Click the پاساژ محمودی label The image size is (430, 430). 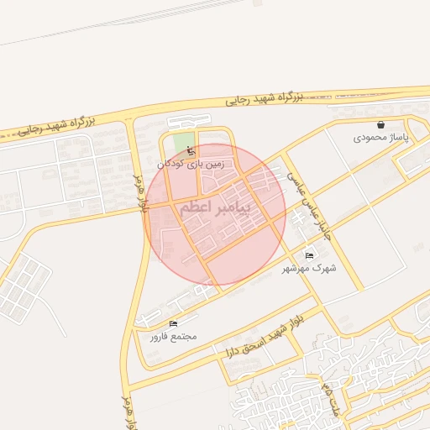(x=380, y=136)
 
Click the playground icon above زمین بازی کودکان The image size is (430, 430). (x=190, y=152)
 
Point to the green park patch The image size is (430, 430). (x=182, y=141)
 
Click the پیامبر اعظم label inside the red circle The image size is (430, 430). (x=215, y=210)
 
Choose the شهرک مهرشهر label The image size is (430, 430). (x=312, y=268)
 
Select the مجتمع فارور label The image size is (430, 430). (x=173, y=336)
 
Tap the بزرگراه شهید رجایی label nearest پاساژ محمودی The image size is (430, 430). (x=264, y=98)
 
